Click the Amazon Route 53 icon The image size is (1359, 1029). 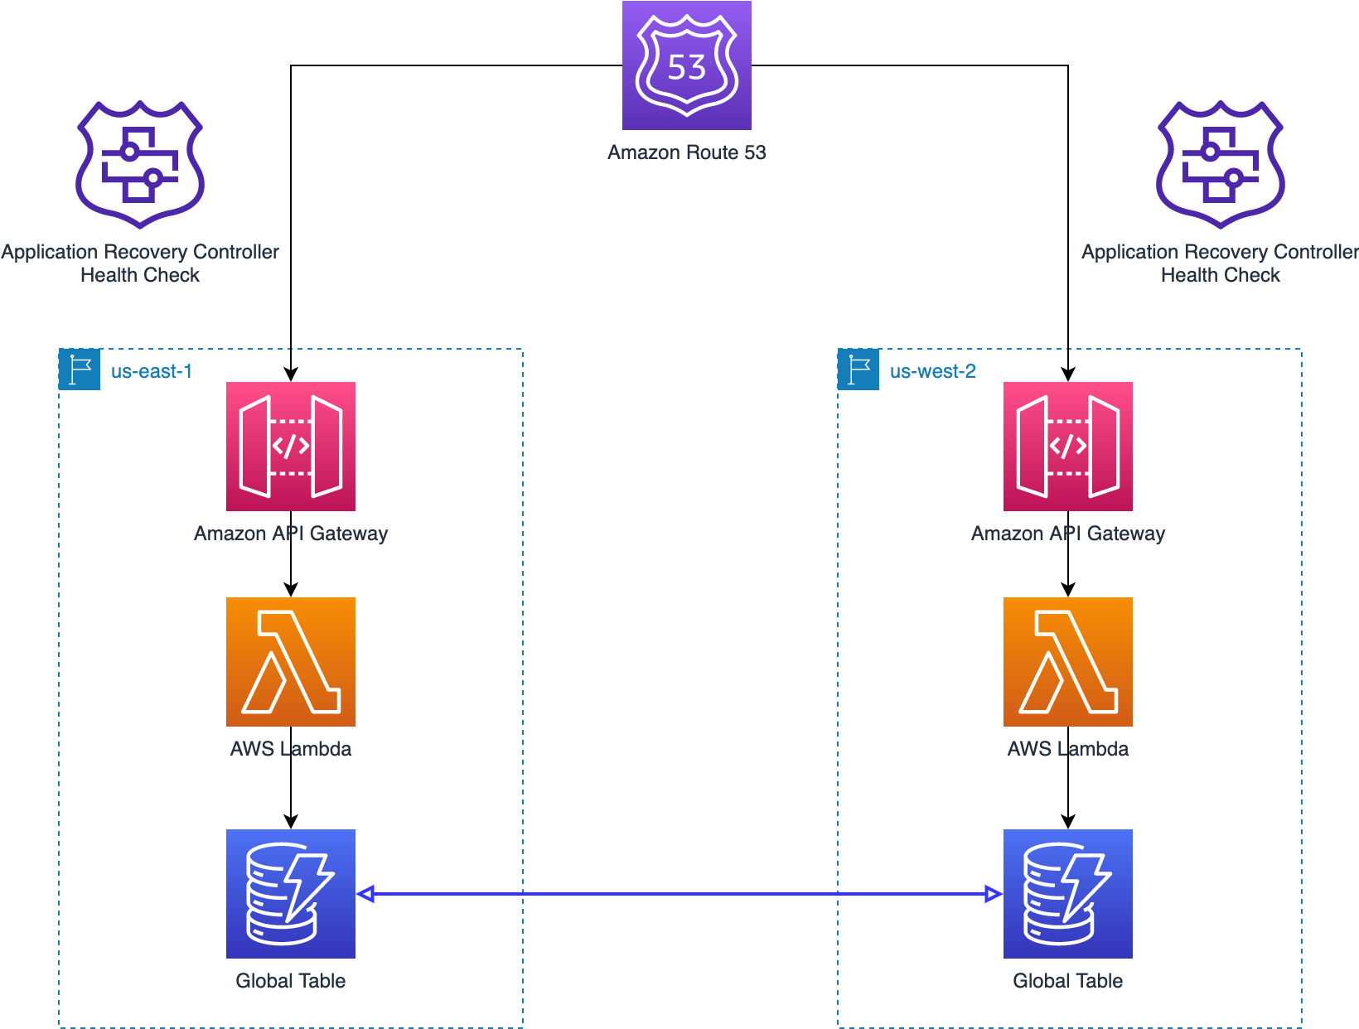tap(686, 65)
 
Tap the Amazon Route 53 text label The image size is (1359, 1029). tap(686, 152)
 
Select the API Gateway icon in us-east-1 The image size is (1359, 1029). tap(290, 446)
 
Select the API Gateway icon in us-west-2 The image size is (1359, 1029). tap(1067, 446)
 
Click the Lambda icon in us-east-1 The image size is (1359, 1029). tap(290, 661)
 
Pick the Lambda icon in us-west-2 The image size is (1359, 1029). tap(1067, 661)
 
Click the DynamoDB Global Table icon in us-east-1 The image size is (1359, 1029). tap(290, 893)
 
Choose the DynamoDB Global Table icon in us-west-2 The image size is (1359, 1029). tap(1067, 893)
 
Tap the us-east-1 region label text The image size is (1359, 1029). tap(152, 371)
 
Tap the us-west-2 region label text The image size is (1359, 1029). tap(932, 371)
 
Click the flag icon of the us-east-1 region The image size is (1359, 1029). tap(80, 370)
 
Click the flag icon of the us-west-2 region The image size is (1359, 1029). tap(858, 370)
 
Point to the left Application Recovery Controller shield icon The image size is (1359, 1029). tap(139, 164)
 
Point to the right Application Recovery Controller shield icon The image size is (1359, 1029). tap(1220, 164)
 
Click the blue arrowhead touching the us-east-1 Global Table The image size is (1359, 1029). tap(366, 894)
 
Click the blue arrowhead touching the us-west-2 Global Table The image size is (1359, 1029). tap(993, 894)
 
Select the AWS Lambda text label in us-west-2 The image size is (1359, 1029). tap(1067, 749)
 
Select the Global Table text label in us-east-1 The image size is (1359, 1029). tap(290, 981)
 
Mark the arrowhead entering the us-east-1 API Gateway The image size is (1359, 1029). tap(291, 374)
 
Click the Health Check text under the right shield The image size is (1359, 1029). tap(1220, 275)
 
